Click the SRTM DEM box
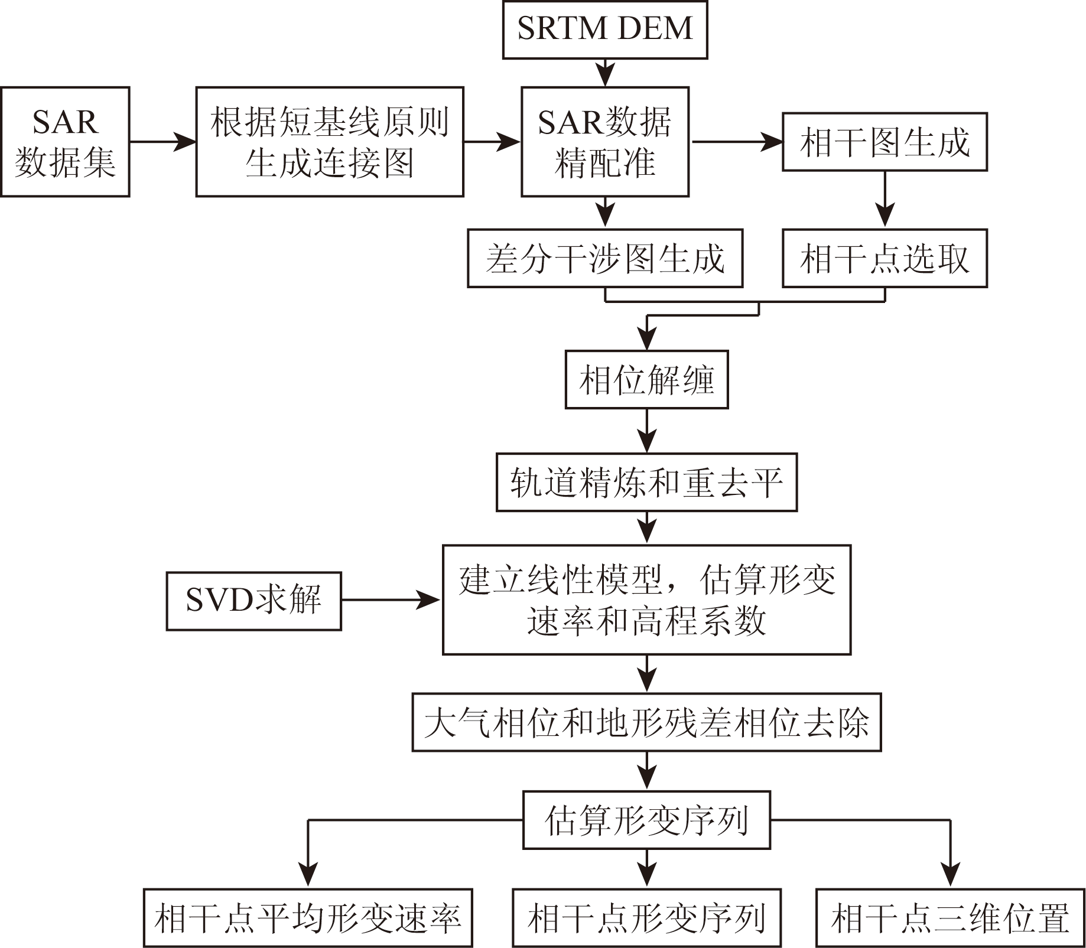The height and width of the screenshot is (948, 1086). [605, 29]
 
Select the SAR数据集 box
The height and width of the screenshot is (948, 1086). [65, 142]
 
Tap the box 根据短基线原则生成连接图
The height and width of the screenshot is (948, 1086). [330, 142]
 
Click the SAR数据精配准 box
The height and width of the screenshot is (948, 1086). [605, 142]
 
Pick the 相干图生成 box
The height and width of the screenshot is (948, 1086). [885, 142]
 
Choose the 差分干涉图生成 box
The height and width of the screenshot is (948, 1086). [605, 259]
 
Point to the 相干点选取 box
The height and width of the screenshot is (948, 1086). [885, 259]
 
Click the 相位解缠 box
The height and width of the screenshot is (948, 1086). [647, 380]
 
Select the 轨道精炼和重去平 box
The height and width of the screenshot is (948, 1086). [647, 482]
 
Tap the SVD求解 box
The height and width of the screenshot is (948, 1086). [254, 601]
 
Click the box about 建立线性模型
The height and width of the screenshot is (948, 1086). [647, 600]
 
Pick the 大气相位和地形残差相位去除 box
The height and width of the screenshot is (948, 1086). [647, 722]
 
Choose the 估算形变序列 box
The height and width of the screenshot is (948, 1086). [647, 820]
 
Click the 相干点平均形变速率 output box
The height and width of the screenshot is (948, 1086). [308, 918]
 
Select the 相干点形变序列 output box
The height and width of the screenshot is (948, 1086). [647, 918]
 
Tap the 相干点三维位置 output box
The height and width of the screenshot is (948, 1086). [950, 918]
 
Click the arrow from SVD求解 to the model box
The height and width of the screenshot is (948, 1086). [391, 600]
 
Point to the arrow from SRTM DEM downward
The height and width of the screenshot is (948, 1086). [605, 73]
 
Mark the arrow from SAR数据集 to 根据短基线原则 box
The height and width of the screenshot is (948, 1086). [162, 142]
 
